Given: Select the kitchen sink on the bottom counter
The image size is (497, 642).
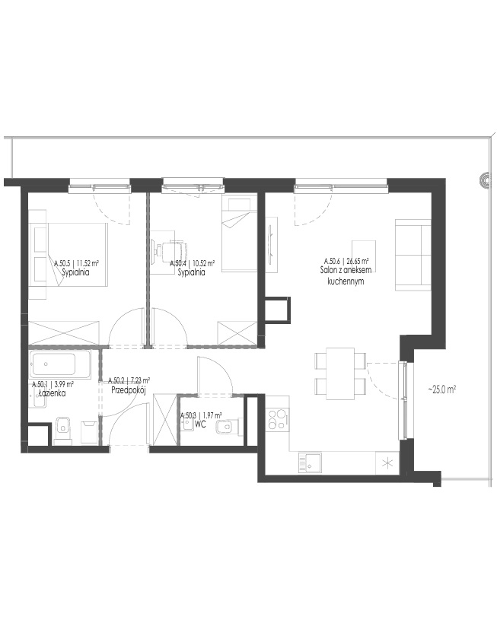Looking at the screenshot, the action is coord(310,462).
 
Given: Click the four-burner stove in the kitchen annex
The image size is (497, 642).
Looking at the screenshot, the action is coord(278,419).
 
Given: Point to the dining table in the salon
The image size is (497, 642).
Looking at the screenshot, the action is coord(339,373).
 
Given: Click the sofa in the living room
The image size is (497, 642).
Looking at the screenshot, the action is coord(413,255).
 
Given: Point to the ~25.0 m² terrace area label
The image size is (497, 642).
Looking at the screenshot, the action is coord(442,389).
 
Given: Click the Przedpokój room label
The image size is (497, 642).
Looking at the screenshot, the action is coord(128,390).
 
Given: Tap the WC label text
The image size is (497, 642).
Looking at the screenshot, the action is coord(200,424).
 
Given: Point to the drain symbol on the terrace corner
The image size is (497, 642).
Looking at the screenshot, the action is coord(485,180).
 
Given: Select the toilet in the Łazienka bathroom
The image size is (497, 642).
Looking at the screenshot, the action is coord(63,430).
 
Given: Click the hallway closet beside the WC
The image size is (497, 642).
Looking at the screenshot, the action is coord(164,419).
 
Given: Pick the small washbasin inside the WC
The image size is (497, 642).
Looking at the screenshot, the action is coord(189,424).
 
